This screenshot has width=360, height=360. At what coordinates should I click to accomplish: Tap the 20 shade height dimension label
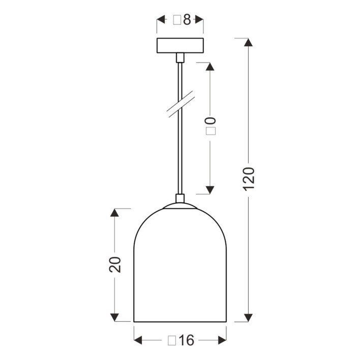tap(115, 264)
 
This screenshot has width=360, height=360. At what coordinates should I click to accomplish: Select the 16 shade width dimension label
tap(181, 340)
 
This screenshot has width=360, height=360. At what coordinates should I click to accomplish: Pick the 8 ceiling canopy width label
tap(182, 20)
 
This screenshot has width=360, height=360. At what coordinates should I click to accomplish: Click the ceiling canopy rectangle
tap(180, 45)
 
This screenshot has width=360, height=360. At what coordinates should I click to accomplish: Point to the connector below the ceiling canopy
tap(180, 57)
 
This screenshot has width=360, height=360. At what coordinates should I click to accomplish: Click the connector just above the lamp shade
tap(180, 198)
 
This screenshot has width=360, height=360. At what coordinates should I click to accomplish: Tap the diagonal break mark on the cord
tap(181, 104)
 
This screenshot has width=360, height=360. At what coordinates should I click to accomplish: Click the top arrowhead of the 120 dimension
tap(248, 43)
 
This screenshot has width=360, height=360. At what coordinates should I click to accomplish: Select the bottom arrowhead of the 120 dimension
tap(248, 317)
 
